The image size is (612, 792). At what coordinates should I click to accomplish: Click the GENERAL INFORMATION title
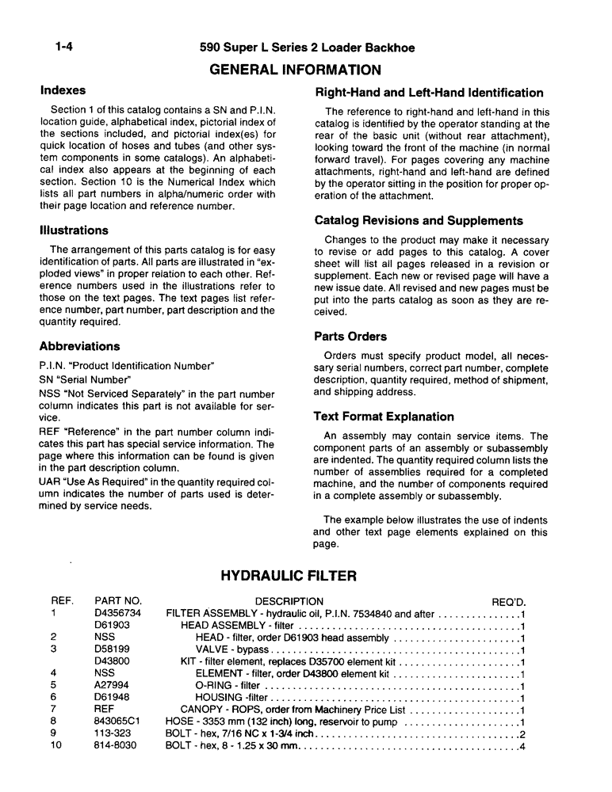295,70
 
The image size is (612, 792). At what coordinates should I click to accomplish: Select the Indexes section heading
63,90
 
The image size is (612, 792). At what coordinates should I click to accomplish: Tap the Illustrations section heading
74,230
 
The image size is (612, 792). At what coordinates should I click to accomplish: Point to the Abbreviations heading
79,346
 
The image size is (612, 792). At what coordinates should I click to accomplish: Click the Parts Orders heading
350,337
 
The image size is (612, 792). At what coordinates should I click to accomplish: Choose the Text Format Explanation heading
384,417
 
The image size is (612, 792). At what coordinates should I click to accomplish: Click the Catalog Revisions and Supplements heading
419,221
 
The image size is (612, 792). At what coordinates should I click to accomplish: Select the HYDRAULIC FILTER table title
288,576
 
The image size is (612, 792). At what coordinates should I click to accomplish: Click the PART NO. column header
117,601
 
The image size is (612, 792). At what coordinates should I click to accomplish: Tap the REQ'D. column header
509,601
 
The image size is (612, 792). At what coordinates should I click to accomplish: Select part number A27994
111,685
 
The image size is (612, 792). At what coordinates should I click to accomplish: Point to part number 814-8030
115,745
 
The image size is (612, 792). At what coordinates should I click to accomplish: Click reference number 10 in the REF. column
55,745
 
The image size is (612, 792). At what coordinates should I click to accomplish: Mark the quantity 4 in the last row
523,745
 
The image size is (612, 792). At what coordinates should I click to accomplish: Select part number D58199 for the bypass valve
112,649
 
